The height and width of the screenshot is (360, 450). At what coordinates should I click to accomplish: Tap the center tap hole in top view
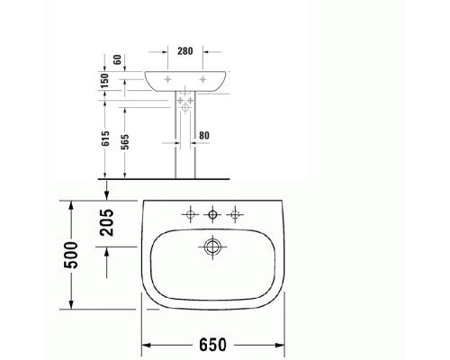[x=213, y=214]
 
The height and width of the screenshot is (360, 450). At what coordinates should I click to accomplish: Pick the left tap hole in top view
[x=190, y=214]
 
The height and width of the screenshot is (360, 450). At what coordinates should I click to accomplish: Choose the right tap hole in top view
[x=237, y=214]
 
